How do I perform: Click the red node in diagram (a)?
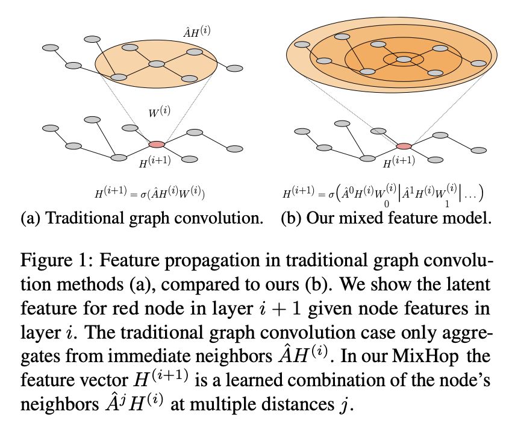156,144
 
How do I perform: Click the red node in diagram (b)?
404,146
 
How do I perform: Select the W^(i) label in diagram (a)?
159,113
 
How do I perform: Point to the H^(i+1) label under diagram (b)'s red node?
399,163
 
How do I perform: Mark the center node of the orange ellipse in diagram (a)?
156,64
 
